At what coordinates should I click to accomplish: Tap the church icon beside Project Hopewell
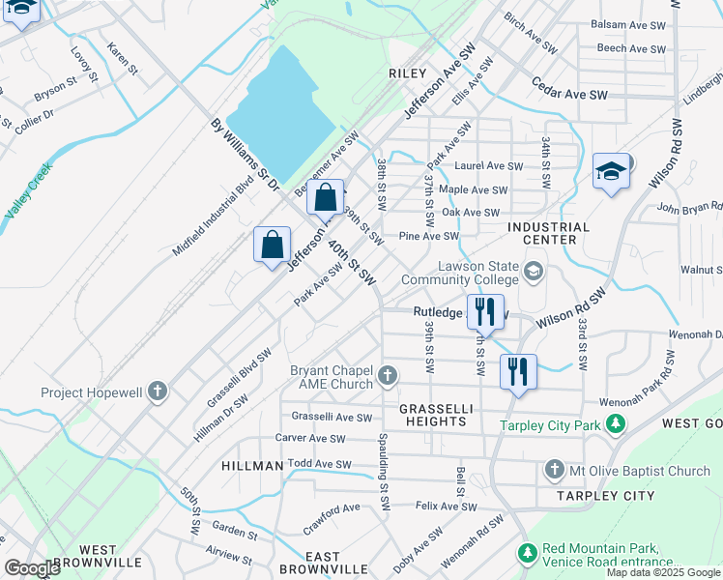point(158,392)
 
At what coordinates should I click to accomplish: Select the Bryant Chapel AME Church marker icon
point(387,374)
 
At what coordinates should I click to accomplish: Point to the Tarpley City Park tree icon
point(615,423)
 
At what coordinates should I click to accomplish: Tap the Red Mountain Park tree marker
point(527,553)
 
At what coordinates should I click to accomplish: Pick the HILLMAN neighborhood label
point(252,466)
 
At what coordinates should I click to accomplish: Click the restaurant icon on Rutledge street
point(484,310)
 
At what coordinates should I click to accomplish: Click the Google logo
point(32,568)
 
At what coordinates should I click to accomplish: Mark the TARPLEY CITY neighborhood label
point(605,496)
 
